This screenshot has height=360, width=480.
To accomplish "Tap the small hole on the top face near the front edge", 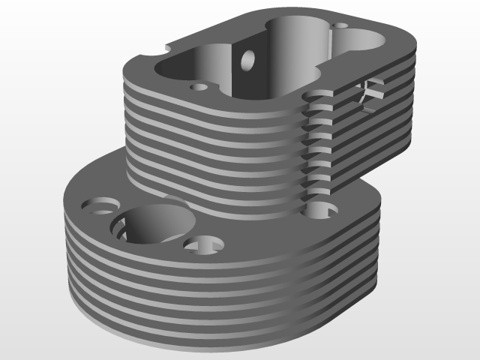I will (199, 87).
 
